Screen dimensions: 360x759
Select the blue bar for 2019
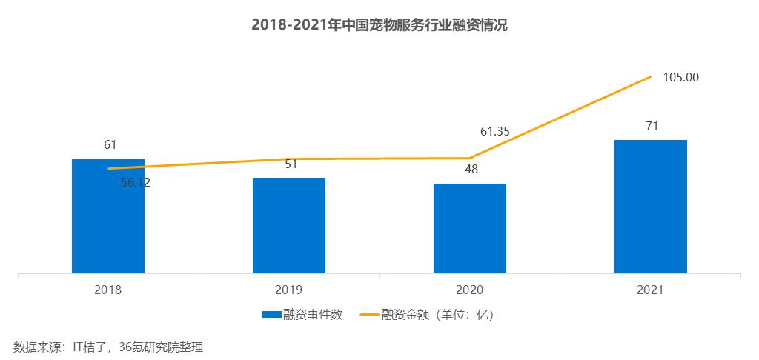pyautogui.click(x=289, y=225)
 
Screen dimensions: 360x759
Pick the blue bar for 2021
pyautogui.click(x=651, y=207)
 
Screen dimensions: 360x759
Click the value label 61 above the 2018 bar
pyautogui.click(x=110, y=144)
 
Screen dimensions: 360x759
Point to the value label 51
pyautogui.click(x=291, y=164)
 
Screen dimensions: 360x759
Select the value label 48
pyautogui.click(x=471, y=169)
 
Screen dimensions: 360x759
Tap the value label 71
pyautogui.click(x=652, y=126)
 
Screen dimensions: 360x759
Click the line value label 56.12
pyautogui.click(x=136, y=183)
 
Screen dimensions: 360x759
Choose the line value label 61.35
pyautogui.click(x=496, y=132)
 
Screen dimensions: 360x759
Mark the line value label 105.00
pyautogui.click(x=681, y=77)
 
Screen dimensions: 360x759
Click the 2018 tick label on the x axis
pyautogui.click(x=108, y=290)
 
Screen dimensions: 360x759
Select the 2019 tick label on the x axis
pyautogui.click(x=289, y=290)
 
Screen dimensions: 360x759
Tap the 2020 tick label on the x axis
pyautogui.click(x=470, y=290)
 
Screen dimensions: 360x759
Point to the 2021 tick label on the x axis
pyautogui.click(x=651, y=290)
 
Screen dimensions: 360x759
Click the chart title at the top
pyautogui.click(x=379, y=25)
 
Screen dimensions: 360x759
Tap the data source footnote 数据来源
pyautogui.click(x=107, y=347)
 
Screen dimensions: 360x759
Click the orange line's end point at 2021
pyautogui.click(x=651, y=76)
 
